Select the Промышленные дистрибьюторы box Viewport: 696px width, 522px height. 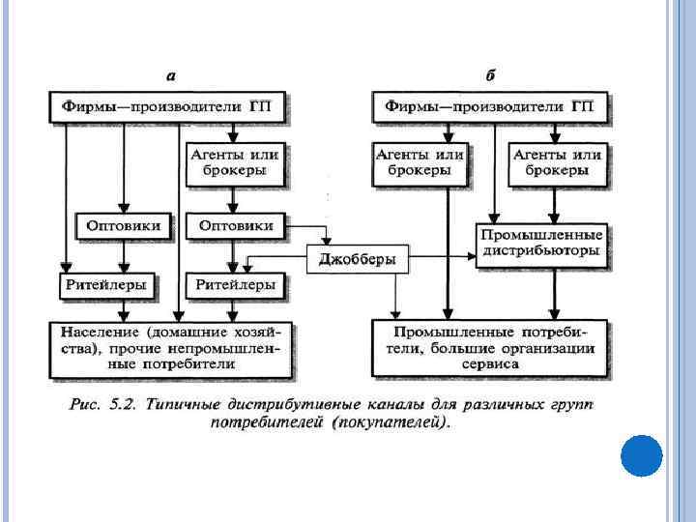(540, 244)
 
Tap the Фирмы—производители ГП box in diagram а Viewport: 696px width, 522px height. (169, 106)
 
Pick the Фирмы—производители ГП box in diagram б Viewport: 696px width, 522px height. (491, 106)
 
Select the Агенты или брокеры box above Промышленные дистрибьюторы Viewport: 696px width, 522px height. (556, 161)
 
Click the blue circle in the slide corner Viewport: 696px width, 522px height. (640, 455)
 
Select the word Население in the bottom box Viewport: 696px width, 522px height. (96, 332)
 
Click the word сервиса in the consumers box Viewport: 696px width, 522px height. (491, 364)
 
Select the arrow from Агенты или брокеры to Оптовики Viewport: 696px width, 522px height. (232, 200)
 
